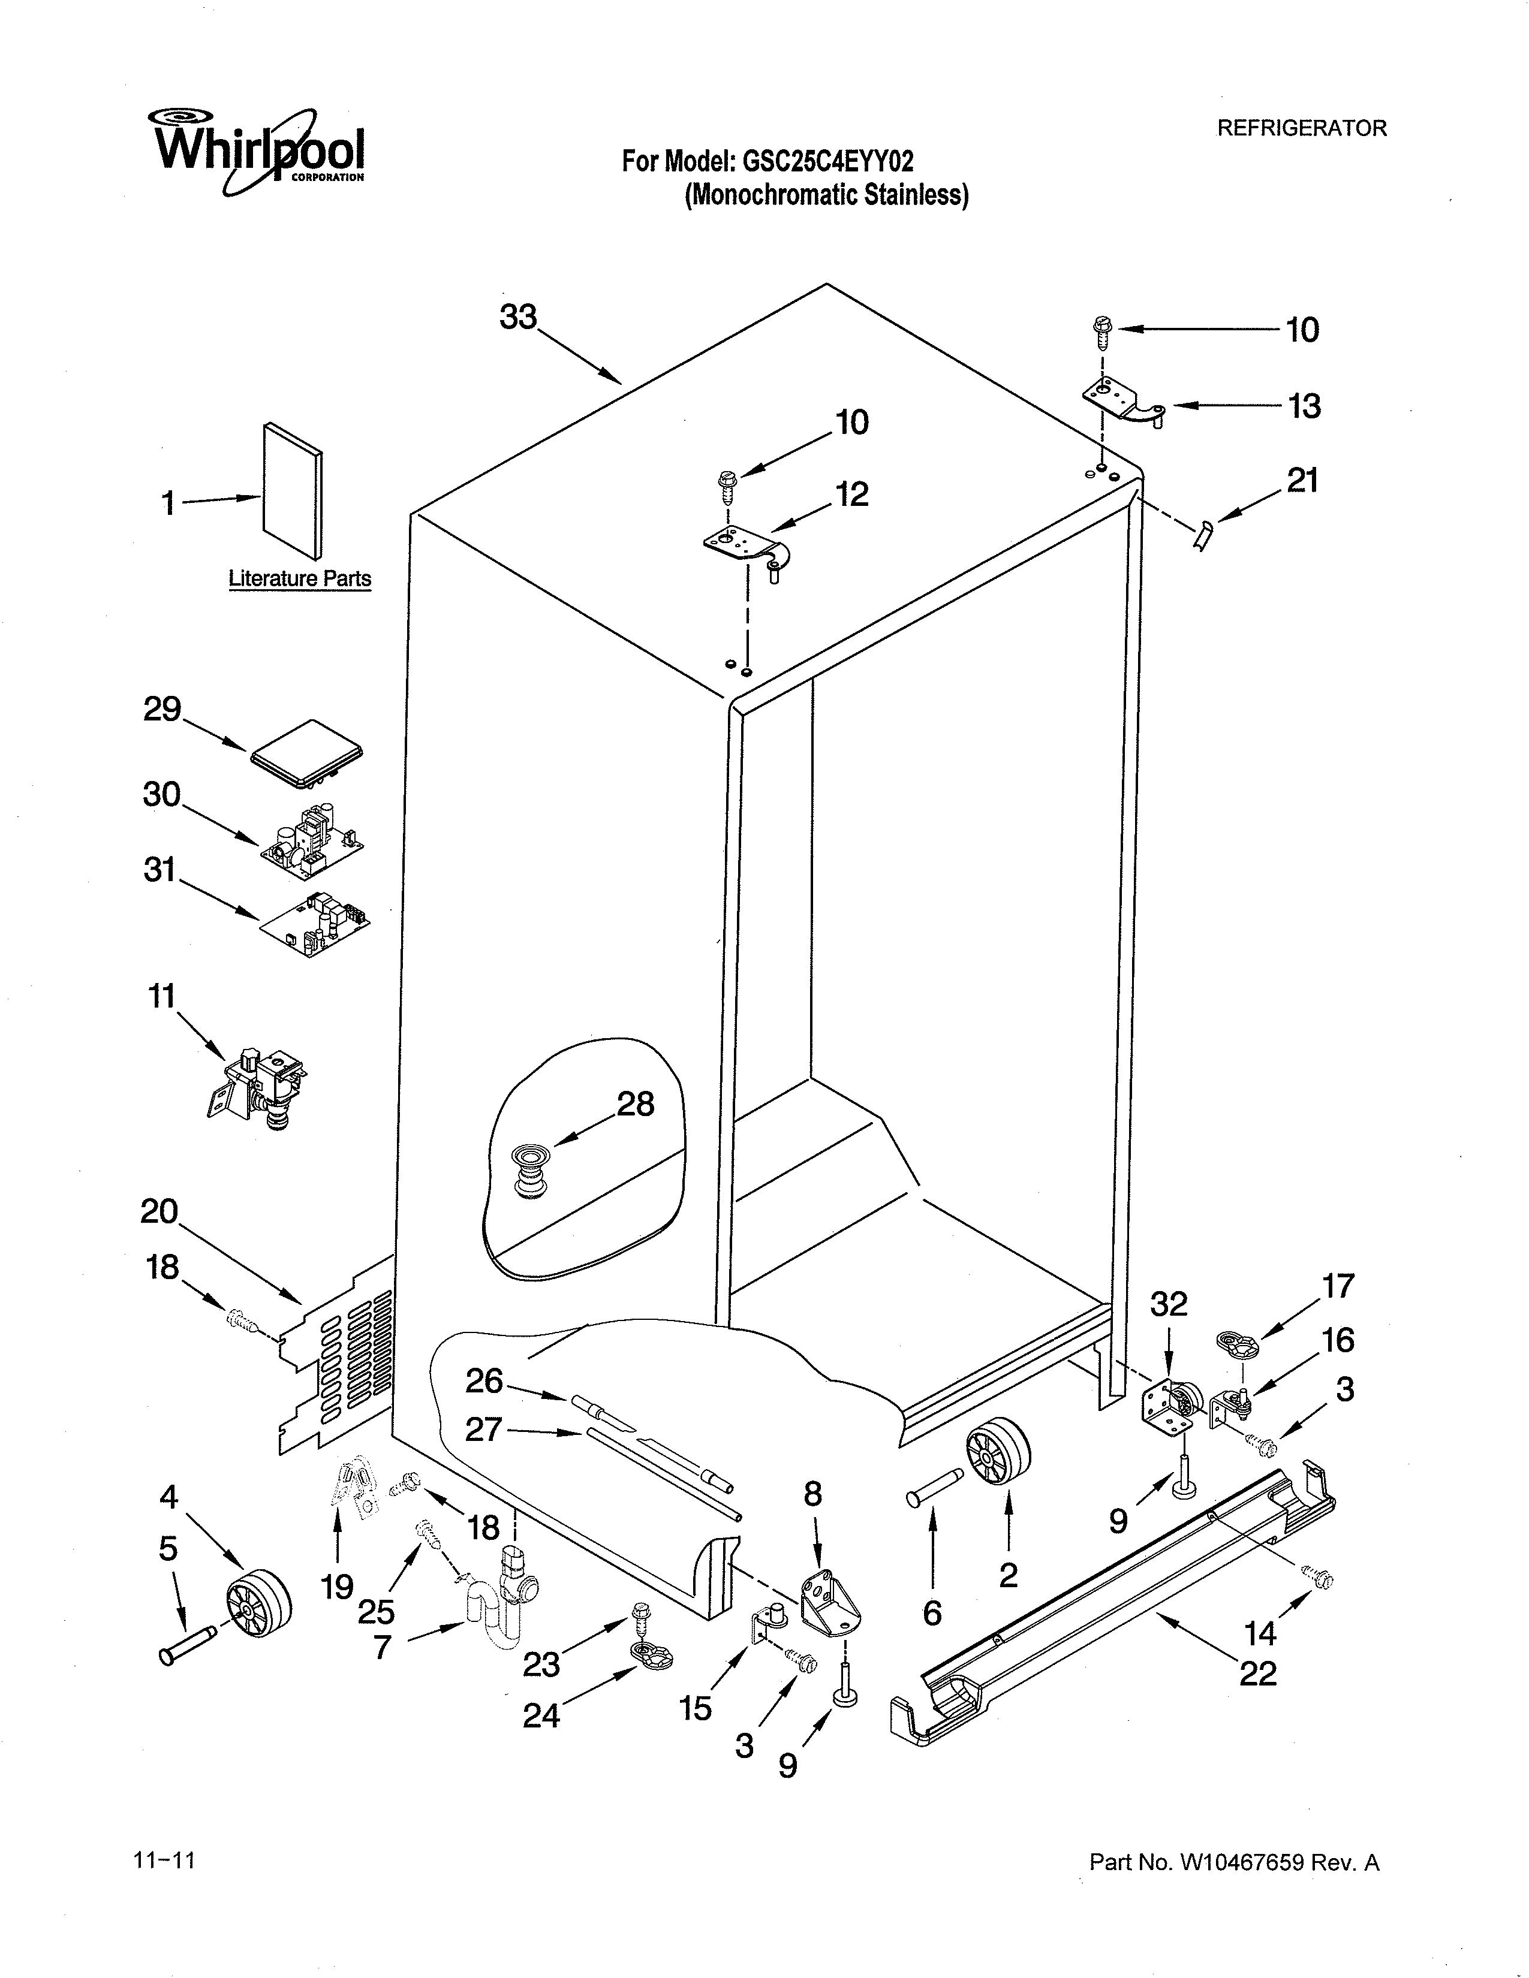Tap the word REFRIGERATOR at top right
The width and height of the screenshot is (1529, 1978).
point(1301,129)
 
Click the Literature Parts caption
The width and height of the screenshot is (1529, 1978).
point(299,579)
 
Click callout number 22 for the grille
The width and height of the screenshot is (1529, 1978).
point(1257,1673)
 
